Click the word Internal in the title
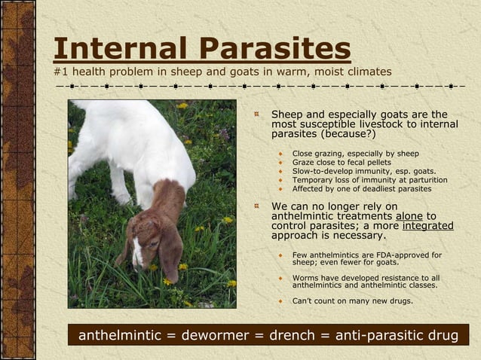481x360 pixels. pos(120,49)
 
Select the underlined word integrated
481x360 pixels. pos(427,225)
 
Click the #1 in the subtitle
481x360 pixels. pos(60,72)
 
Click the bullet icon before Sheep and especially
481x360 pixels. pos(257,114)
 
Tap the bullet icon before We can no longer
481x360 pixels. pos(257,206)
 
